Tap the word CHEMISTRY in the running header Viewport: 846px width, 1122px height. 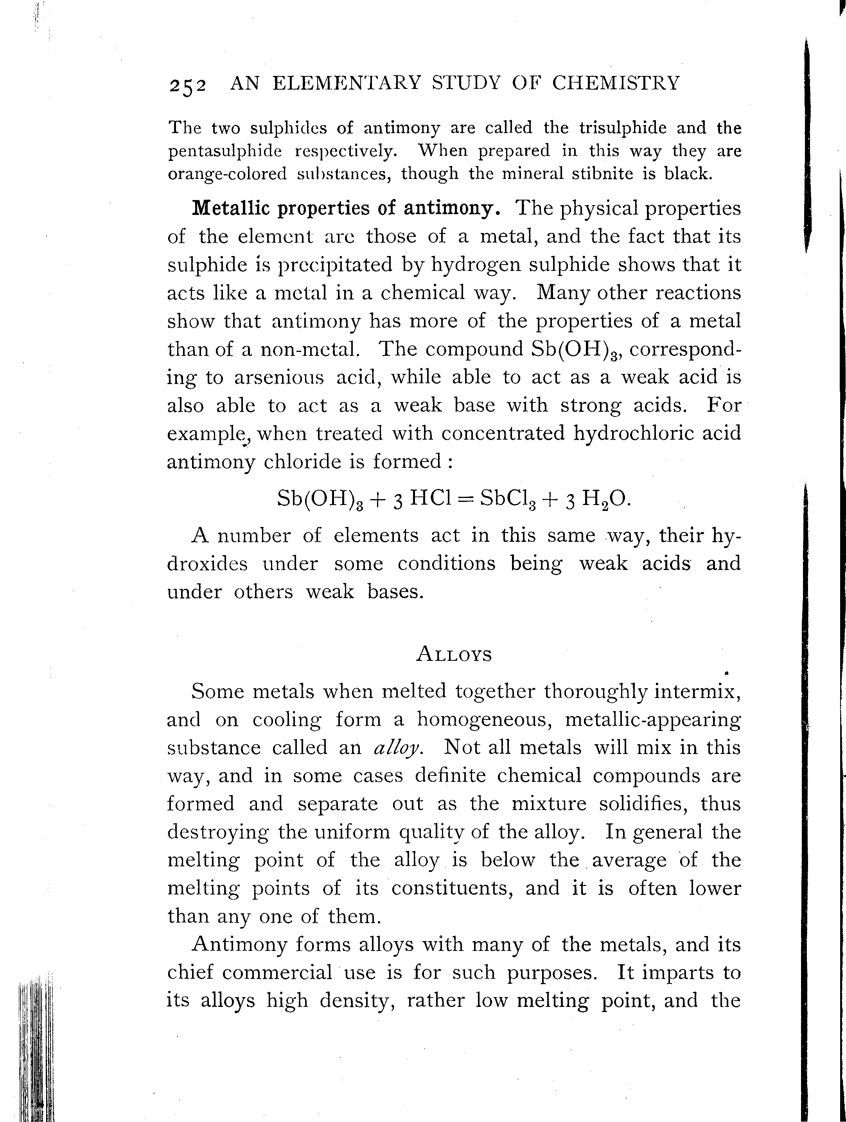pos(615,83)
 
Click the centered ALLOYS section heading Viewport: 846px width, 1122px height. pos(454,655)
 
